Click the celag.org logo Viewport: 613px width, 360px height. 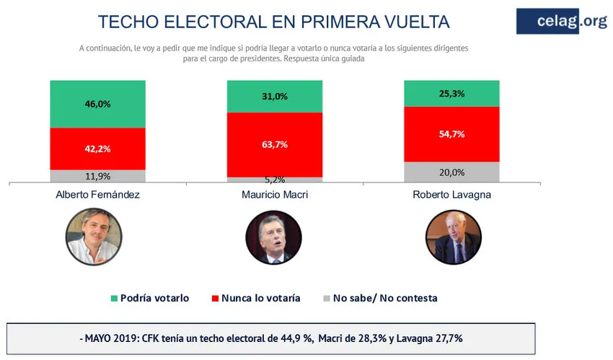(x=561, y=21)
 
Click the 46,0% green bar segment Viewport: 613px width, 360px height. (x=98, y=104)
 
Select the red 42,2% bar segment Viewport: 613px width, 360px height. (x=98, y=149)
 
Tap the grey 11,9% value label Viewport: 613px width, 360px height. (x=98, y=175)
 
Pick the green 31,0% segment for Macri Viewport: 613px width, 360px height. (x=275, y=97)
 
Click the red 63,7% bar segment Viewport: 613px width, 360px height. (x=275, y=144)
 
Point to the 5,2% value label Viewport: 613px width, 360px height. (x=275, y=179)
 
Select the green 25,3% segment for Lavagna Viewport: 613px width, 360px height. (x=451, y=94)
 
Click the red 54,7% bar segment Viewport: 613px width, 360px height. (x=451, y=134)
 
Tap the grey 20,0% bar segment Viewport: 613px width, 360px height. (x=451, y=172)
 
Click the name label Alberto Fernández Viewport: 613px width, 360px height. (x=98, y=196)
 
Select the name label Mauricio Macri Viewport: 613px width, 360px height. (x=275, y=196)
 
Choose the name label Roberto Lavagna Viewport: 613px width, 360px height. (x=451, y=196)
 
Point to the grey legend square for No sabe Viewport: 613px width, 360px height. (x=327, y=298)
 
